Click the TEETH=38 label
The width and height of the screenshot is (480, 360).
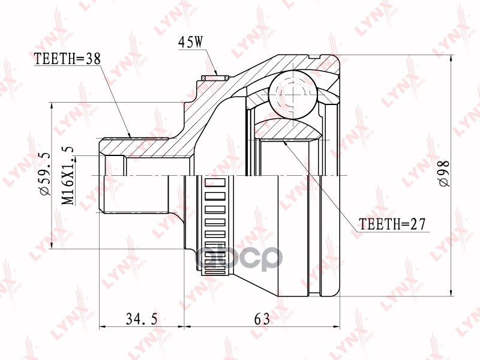[x=67, y=58]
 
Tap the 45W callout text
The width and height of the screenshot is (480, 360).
[x=191, y=42]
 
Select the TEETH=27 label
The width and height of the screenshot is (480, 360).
[x=392, y=224]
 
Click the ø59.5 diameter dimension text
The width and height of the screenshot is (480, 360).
[x=44, y=174]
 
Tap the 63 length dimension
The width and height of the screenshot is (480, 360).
[x=262, y=319]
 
